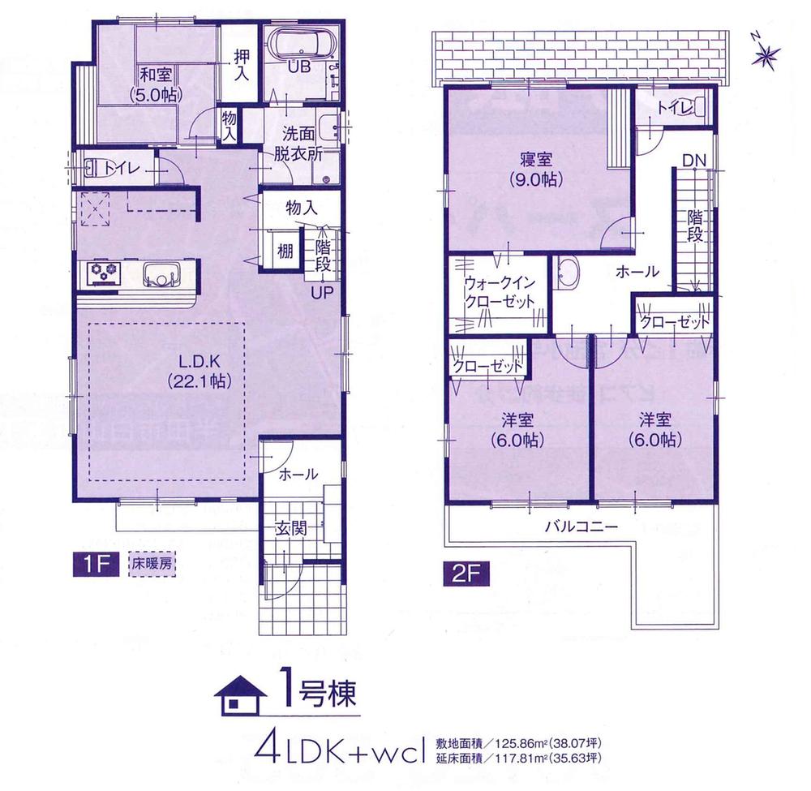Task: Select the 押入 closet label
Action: tap(242, 65)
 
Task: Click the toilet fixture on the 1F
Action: tap(92, 169)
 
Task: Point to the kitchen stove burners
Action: tap(103, 273)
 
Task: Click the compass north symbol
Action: tap(766, 54)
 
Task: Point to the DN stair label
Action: tap(693, 161)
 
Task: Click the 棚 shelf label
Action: tap(285, 251)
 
